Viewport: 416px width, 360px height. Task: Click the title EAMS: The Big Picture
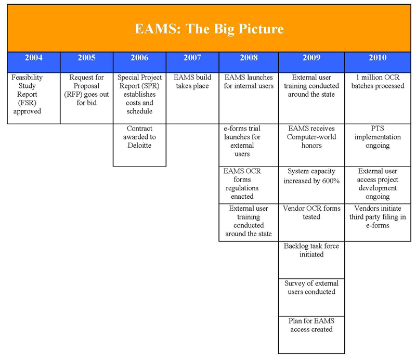click(x=209, y=29)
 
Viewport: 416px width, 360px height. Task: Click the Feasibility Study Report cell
click(x=34, y=98)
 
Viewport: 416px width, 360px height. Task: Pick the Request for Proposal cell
click(x=87, y=98)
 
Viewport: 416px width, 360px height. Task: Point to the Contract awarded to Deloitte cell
click(x=139, y=145)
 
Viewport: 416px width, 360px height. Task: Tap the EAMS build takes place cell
click(x=192, y=98)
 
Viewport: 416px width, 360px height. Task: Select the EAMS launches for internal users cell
click(x=249, y=98)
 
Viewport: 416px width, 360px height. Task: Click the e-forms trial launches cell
click(x=249, y=145)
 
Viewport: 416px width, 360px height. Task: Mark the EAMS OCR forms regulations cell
click(x=249, y=185)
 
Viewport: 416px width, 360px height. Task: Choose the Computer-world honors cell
click(x=311, y=145)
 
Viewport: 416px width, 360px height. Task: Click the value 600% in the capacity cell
click(x=331, y=181)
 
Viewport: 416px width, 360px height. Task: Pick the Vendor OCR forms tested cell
click(x=311, y=223)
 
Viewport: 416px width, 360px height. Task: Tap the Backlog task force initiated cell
click(x=311, y=260)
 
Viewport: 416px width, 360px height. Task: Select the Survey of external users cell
click(x=311, y=298)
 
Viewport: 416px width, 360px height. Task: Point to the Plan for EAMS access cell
click(x=311, y=335)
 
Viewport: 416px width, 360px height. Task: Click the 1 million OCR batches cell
click(x=378, y=98)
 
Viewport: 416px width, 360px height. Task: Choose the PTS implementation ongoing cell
click(x=378, y=145)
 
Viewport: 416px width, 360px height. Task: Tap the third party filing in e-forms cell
click(x=378, y=223)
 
